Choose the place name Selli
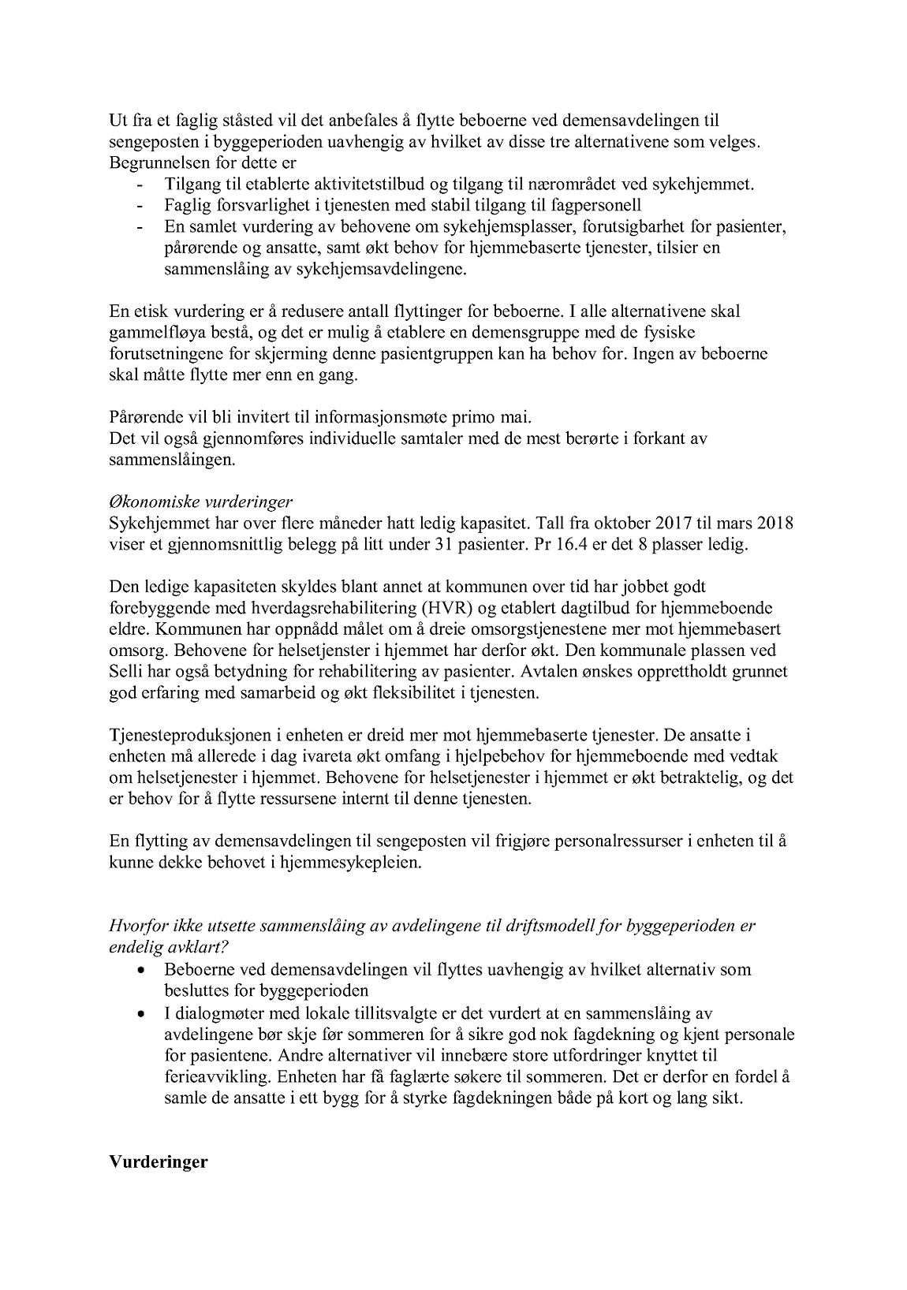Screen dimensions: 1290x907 (126, 673)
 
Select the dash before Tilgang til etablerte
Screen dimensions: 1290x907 (141, 185)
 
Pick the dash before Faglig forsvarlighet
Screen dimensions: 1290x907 (141, 207)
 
